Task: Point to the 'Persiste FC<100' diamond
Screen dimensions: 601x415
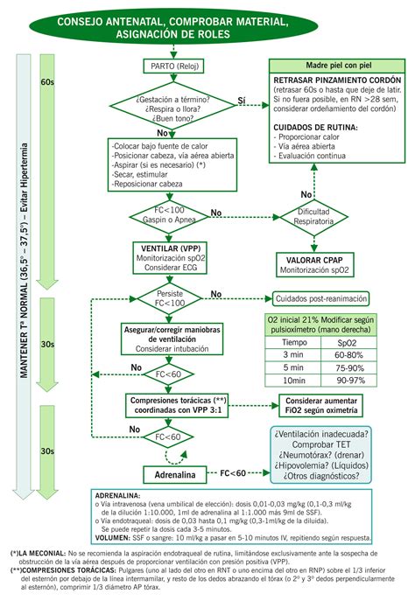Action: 170,297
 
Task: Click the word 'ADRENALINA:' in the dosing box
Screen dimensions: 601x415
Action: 116,493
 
